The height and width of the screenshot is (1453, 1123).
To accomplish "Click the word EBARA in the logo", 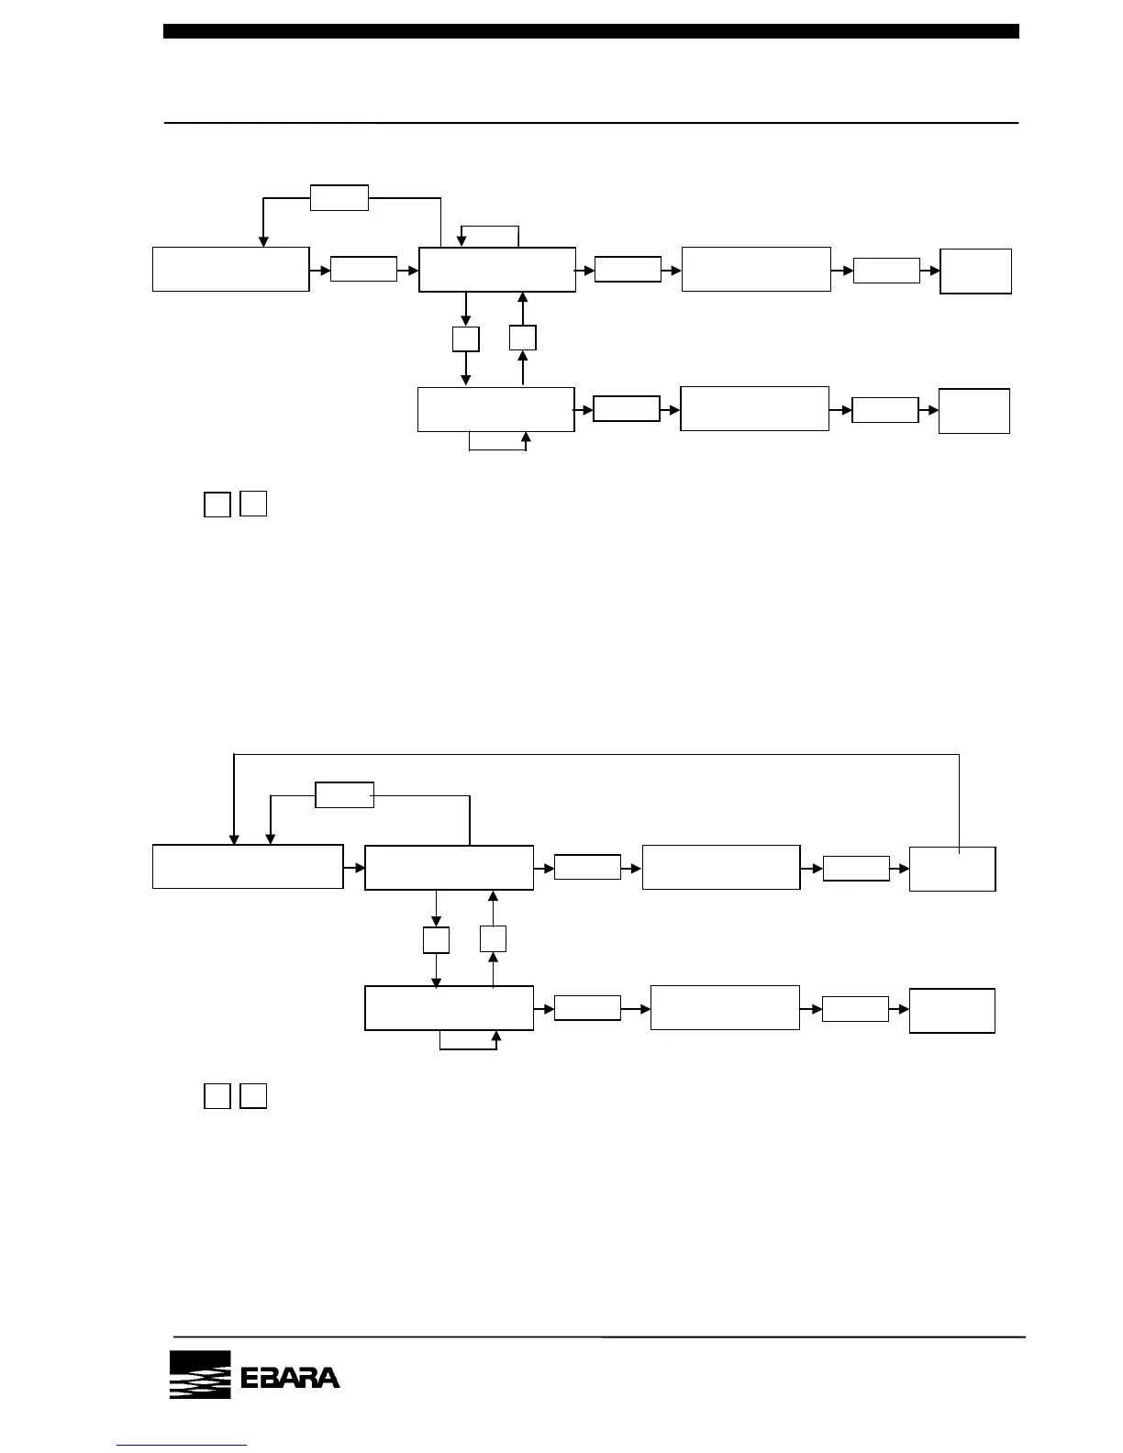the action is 290,1378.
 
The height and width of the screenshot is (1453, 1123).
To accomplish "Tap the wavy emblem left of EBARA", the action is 199,1375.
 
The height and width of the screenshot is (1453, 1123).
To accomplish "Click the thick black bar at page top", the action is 591,31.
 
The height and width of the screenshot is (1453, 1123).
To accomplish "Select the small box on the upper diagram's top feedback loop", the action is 339,197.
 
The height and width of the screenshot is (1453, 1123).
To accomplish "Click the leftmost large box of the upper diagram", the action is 230,269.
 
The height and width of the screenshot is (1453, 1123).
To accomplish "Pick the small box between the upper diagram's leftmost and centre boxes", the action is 363,269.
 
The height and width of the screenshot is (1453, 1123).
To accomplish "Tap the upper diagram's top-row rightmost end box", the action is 976,271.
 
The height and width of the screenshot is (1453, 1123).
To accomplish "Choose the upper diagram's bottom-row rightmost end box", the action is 974,411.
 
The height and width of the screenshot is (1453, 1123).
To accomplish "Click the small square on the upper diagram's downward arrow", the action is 466,338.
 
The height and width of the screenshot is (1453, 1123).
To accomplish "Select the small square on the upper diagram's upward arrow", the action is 523,338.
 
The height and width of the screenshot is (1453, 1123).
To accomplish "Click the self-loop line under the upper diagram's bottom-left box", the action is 497,450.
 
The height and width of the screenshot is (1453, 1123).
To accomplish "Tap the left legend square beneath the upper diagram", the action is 217,505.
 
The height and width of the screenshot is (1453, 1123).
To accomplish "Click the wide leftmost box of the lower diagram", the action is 248,867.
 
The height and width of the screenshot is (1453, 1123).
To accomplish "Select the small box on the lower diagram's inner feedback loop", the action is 344,795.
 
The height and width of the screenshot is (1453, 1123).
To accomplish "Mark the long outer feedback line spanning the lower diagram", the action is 596,754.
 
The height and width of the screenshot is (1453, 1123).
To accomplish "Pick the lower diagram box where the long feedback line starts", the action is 952,869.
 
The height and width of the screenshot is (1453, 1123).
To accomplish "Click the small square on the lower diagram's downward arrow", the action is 436,939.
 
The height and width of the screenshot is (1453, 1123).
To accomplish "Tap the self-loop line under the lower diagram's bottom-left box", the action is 468,1047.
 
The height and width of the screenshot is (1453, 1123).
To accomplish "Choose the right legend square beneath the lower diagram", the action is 253,1096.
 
